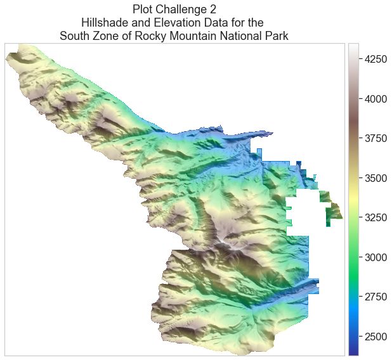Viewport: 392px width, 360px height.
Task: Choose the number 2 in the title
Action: (x=211, y=10)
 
